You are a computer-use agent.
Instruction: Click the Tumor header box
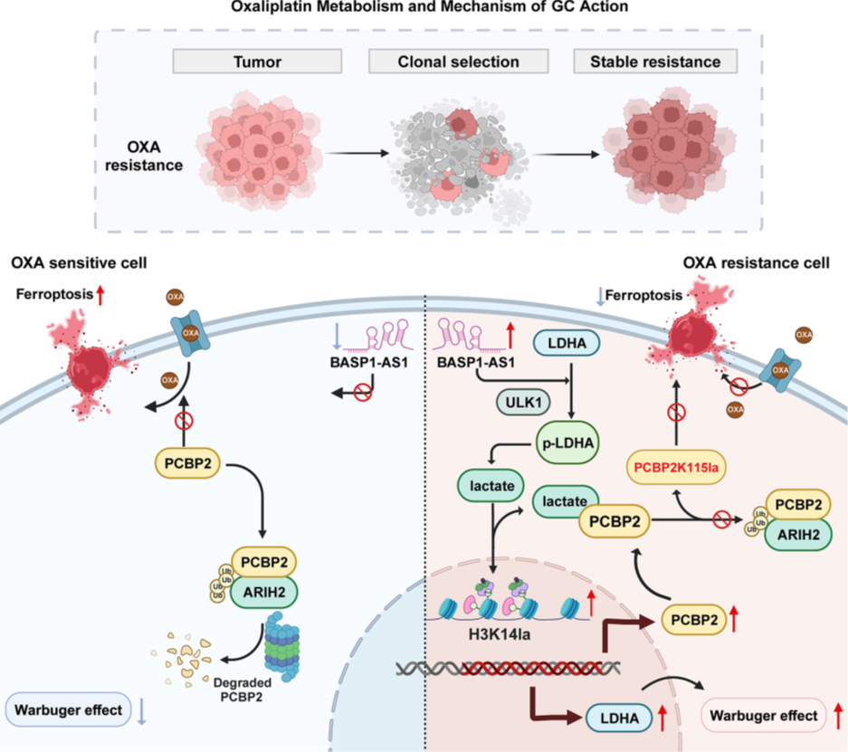click(x=257, y=62)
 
